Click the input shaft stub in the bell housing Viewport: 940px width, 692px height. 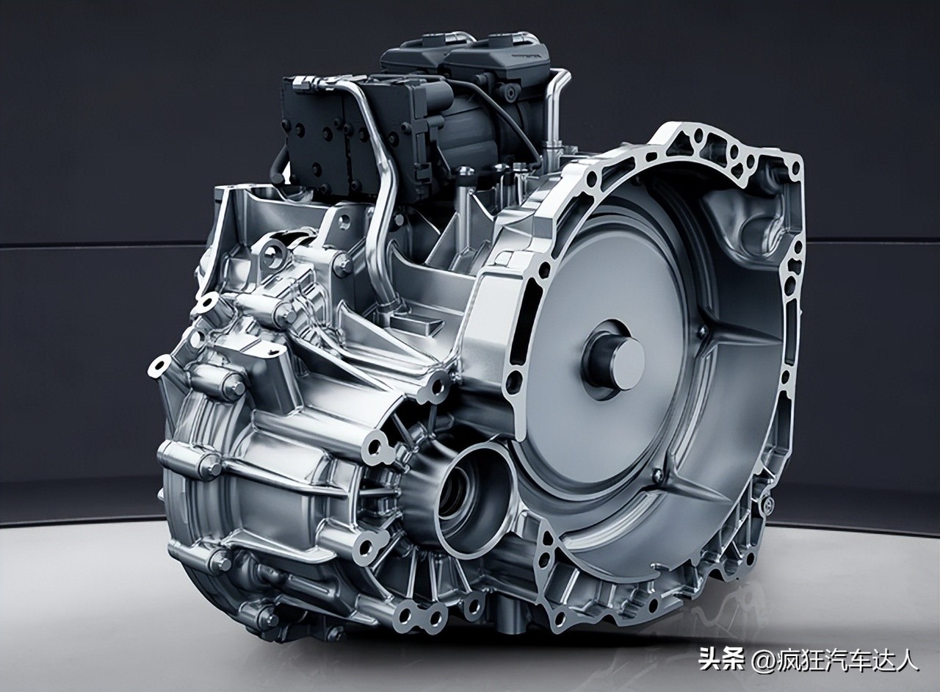click(615, 359)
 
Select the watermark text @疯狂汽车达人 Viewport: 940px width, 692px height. click(835, 659)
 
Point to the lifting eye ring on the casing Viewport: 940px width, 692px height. click(272, 254)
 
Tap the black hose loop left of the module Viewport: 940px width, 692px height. click(278, 166)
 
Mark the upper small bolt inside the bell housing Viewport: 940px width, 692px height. click(701, 332)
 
